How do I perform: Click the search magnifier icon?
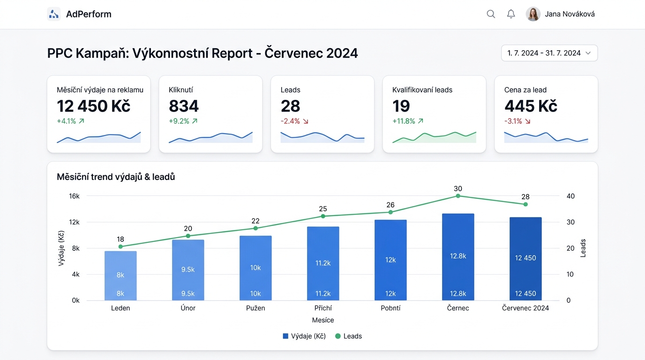click(x=491, y=14)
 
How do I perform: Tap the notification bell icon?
click(x=511, y=14)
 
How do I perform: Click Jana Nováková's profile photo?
click(x=533, y=14)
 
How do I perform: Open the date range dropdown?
click(x=549, y=53)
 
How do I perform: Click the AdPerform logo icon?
click(x=54, y=14)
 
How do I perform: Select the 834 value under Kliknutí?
click(x=184, y=106)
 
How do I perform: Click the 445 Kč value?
click(x=531, y=106)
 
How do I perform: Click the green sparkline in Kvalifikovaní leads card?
click(x=434, y=137)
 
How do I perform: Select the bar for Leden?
click(x=120, y=276)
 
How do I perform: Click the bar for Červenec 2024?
click(x=525, y=259)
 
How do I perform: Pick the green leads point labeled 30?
click(x=458, y=196)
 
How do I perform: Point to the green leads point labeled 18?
click(x=120, y=247)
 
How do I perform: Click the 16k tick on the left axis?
click(x=74, y=196)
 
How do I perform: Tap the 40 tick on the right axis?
click(x=570, y=196)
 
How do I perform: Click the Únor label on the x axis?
click(x=188, y=308)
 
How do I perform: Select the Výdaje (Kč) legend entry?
click(x=304, y=336)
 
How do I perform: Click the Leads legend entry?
click(x=348, y=336)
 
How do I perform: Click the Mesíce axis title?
click(x=323, y=320)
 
